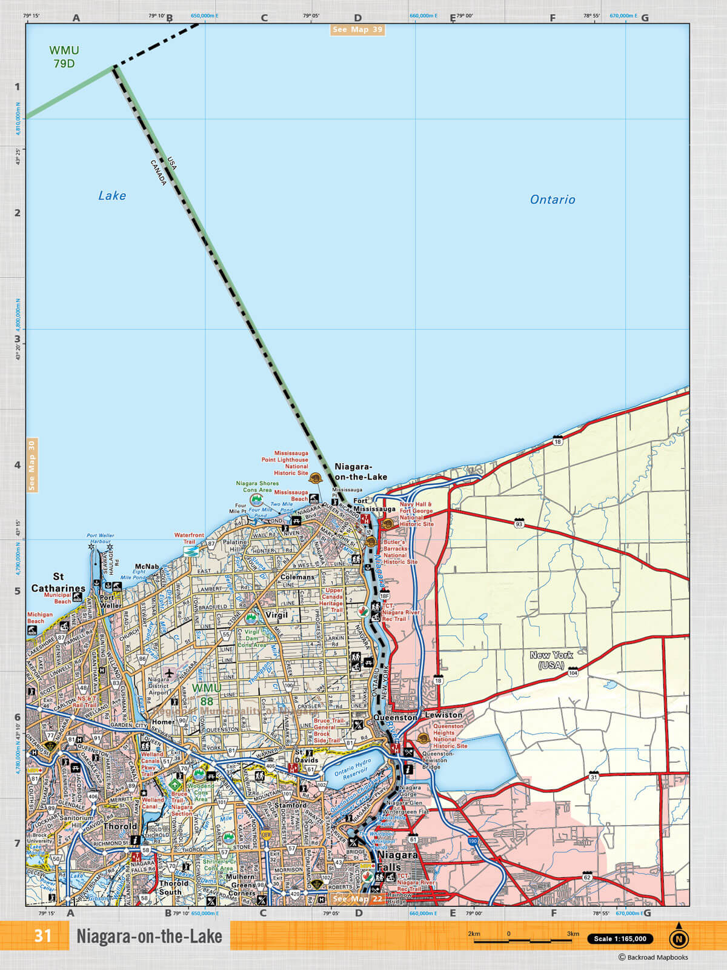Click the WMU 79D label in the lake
[64, 57]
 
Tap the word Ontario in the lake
[552, 199]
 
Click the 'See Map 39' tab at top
[357, 30]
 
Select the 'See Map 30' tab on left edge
[32, 465]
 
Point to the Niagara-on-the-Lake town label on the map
[360, 472]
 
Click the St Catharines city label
[58, 583]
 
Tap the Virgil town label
[277, 615]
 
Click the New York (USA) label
[551, 660]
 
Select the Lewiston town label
[443, 715]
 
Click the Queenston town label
[395, 717]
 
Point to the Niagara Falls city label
[397, 861]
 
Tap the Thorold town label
[120, 826]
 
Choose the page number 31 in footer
[43, 936]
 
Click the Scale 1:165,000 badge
[620, 938]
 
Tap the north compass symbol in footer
[679, 937]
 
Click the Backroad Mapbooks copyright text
[653, 957]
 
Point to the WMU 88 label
[207, 695]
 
